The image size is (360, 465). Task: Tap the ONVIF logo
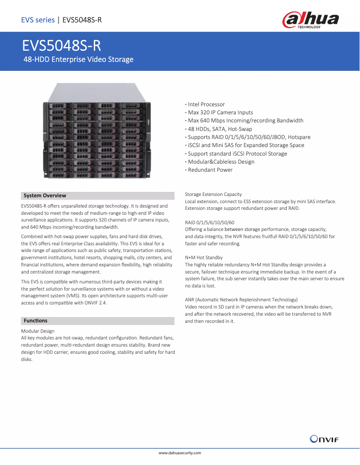point(324,439)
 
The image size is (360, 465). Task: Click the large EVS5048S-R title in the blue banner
point(62,46)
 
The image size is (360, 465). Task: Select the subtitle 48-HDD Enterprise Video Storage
point(79,59)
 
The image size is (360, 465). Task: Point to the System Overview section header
point(45,196)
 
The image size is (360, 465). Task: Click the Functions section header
point(35,321)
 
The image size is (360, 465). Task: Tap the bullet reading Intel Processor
point(206,104)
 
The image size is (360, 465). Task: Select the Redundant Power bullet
point(210,170)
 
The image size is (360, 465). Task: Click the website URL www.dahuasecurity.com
point(180,453)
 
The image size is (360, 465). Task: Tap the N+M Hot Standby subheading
point(204,258)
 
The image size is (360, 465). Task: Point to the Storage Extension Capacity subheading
point(213,194)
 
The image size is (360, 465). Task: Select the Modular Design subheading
point(38,331)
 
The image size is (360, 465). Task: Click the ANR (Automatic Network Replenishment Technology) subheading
point(241,300)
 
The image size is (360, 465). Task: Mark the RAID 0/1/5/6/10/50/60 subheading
point(210,222)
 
